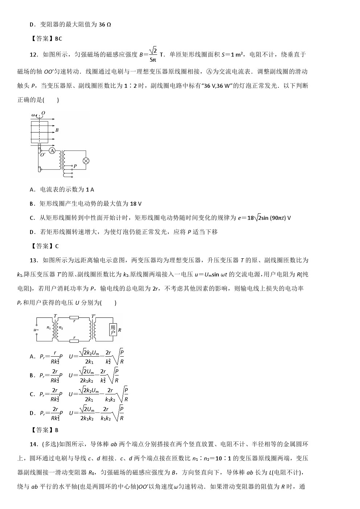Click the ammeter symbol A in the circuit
point(52,151)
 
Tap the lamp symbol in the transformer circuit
point(86,161)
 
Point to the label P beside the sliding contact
point(75,166)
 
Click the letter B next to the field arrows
point(57,130)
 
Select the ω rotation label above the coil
point(33,115)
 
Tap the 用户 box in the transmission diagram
point(113,329)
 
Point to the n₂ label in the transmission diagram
point(61,328)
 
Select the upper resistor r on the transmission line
point(74,318)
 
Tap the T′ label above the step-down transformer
point(93,316)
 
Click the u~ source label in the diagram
point(36,330)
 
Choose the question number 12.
point(34,55)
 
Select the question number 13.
point(34,260)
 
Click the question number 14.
point(34,444)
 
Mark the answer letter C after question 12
point(57,246)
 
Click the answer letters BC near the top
point(58,39)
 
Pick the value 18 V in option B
point(135,204)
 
